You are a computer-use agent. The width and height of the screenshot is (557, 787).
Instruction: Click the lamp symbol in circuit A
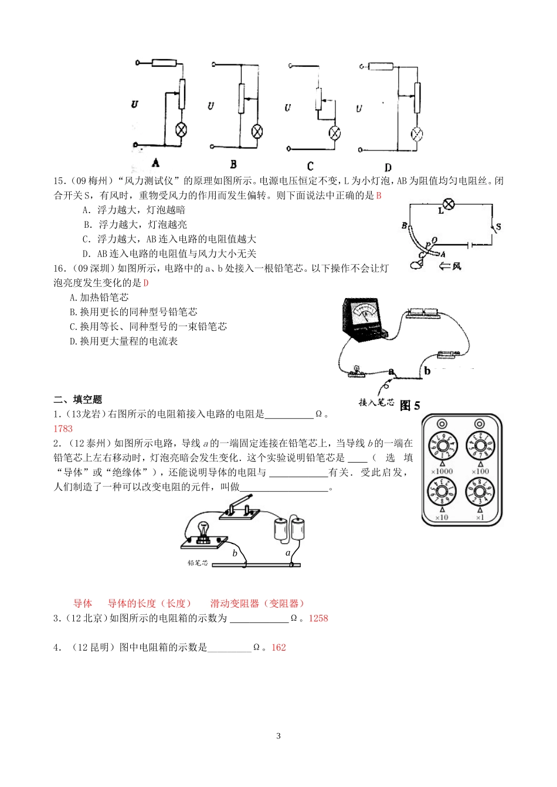(182, 130)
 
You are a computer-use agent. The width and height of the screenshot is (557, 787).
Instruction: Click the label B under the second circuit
(233, 165)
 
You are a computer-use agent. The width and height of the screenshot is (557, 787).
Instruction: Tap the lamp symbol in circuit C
(334, 132)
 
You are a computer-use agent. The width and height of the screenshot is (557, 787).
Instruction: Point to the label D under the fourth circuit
(388, 167)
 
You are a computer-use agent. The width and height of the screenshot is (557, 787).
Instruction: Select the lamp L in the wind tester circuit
(449, 204)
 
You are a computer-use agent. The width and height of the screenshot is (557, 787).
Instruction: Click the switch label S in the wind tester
(498, 227)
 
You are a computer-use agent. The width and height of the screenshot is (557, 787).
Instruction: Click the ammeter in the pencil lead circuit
(364, 319)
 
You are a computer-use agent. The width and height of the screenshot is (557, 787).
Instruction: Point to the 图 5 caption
(410, 405)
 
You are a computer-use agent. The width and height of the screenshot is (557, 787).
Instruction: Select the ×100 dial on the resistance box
(480, 447)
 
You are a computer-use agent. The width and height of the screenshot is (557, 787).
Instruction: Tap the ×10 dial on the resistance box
(442, 493)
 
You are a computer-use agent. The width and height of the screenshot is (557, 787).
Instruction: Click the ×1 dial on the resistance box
(480, 493)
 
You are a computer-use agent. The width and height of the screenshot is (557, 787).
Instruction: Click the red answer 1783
(63, 429)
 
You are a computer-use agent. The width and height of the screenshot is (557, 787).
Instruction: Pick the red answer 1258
(318, 618)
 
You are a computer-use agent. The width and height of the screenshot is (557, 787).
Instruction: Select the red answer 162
(278, 648)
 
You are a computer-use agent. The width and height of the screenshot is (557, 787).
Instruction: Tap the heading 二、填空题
(77, 399)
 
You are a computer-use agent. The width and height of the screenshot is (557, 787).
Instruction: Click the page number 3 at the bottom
(278, 736)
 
